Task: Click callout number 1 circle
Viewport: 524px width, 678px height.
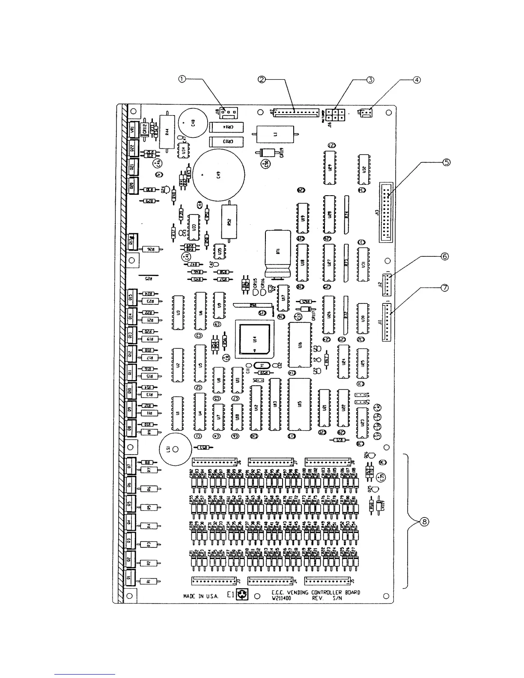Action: click(182, 79)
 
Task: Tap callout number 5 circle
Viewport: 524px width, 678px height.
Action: click(446, 162)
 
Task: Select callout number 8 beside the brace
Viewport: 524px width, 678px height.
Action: click(424, 521)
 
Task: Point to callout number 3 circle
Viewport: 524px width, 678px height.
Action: click(370, 79)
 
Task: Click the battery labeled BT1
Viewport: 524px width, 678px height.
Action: click(278, 253)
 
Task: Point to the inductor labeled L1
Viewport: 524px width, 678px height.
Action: click(274, 134)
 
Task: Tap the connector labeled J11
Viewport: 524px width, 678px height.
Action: click(387, 322)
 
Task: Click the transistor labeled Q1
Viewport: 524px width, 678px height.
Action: click(131, 578)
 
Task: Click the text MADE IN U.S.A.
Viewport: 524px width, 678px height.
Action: click(200, 596)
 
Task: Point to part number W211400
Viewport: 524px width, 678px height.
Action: click(281, 598)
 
